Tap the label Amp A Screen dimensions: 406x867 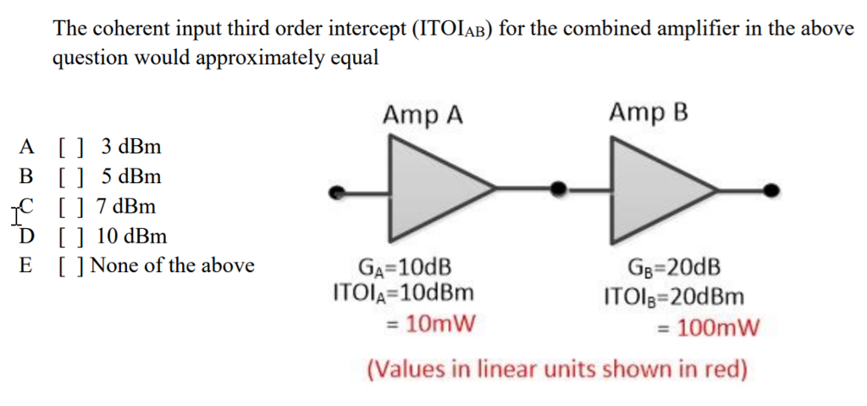click(x=422, y=114)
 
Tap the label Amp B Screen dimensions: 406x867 click(x=648, y=112)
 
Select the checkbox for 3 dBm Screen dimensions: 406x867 click(x=70, y=147)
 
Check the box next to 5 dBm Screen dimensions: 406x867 click(x=70, y=176)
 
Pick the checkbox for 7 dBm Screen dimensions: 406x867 click(x=70, y=206)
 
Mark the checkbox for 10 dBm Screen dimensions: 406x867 click(x=70, y=236)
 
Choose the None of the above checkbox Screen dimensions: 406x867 click(x=70, y=265)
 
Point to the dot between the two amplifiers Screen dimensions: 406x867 click(x=557, y=189)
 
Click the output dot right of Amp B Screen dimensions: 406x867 click(x=770, y=190)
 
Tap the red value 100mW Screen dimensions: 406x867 click(x=710, y=326)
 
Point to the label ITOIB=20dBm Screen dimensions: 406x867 click(x=675, y=297)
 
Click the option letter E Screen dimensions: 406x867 click(x=26, y=265)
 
